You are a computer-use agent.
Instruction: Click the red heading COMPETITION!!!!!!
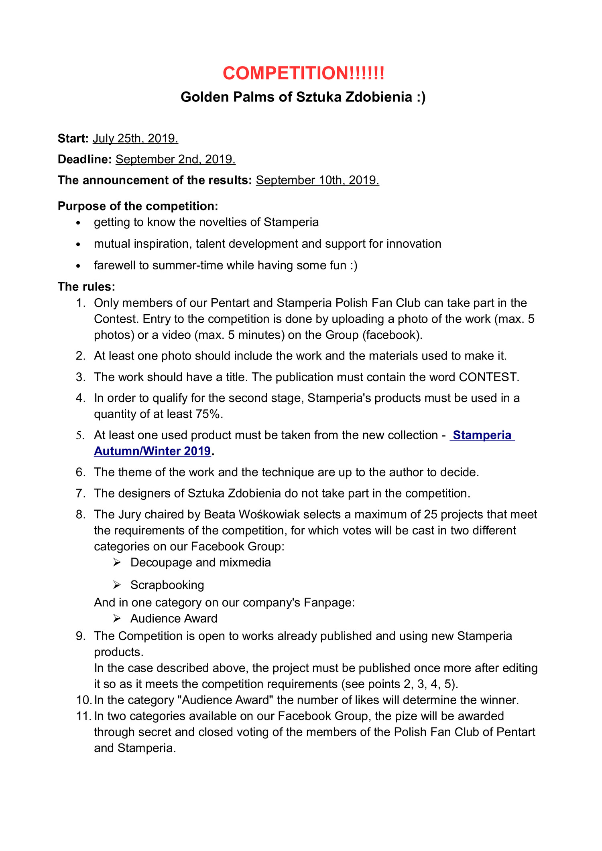pos(303,73)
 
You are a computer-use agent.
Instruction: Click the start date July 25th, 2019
pos(135,139)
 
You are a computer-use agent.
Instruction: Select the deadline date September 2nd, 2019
pos(175,160)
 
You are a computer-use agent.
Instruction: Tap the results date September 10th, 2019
pos(317,180)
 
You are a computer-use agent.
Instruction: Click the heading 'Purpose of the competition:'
pos(138,206)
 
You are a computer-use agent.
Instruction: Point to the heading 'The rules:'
pos(86,287)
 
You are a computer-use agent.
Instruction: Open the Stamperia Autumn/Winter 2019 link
pos(482,435)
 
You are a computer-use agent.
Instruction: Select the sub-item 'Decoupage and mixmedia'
pos(200,562)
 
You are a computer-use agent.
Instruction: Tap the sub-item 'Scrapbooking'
pos(167,585)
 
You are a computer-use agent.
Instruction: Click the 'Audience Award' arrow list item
pos(173,619)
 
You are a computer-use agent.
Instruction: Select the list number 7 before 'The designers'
pos(80,493)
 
